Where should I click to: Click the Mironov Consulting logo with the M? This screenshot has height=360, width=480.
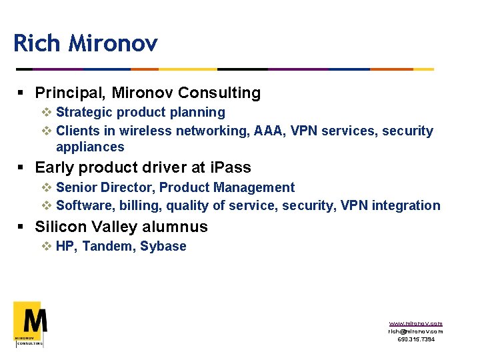point(30,324)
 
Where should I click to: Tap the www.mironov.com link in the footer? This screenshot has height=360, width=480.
point(415,323)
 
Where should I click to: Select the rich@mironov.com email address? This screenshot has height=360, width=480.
point(415,331)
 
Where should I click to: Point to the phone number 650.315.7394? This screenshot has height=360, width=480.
point(415,339)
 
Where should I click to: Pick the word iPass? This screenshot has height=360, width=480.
point(230,167)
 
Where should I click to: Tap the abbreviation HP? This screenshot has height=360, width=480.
point(65,247)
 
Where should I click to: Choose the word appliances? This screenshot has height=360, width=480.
point(90,147)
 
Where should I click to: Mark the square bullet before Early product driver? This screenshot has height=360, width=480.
point(21,168)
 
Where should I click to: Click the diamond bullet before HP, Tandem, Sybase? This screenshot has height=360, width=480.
point(47,247)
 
